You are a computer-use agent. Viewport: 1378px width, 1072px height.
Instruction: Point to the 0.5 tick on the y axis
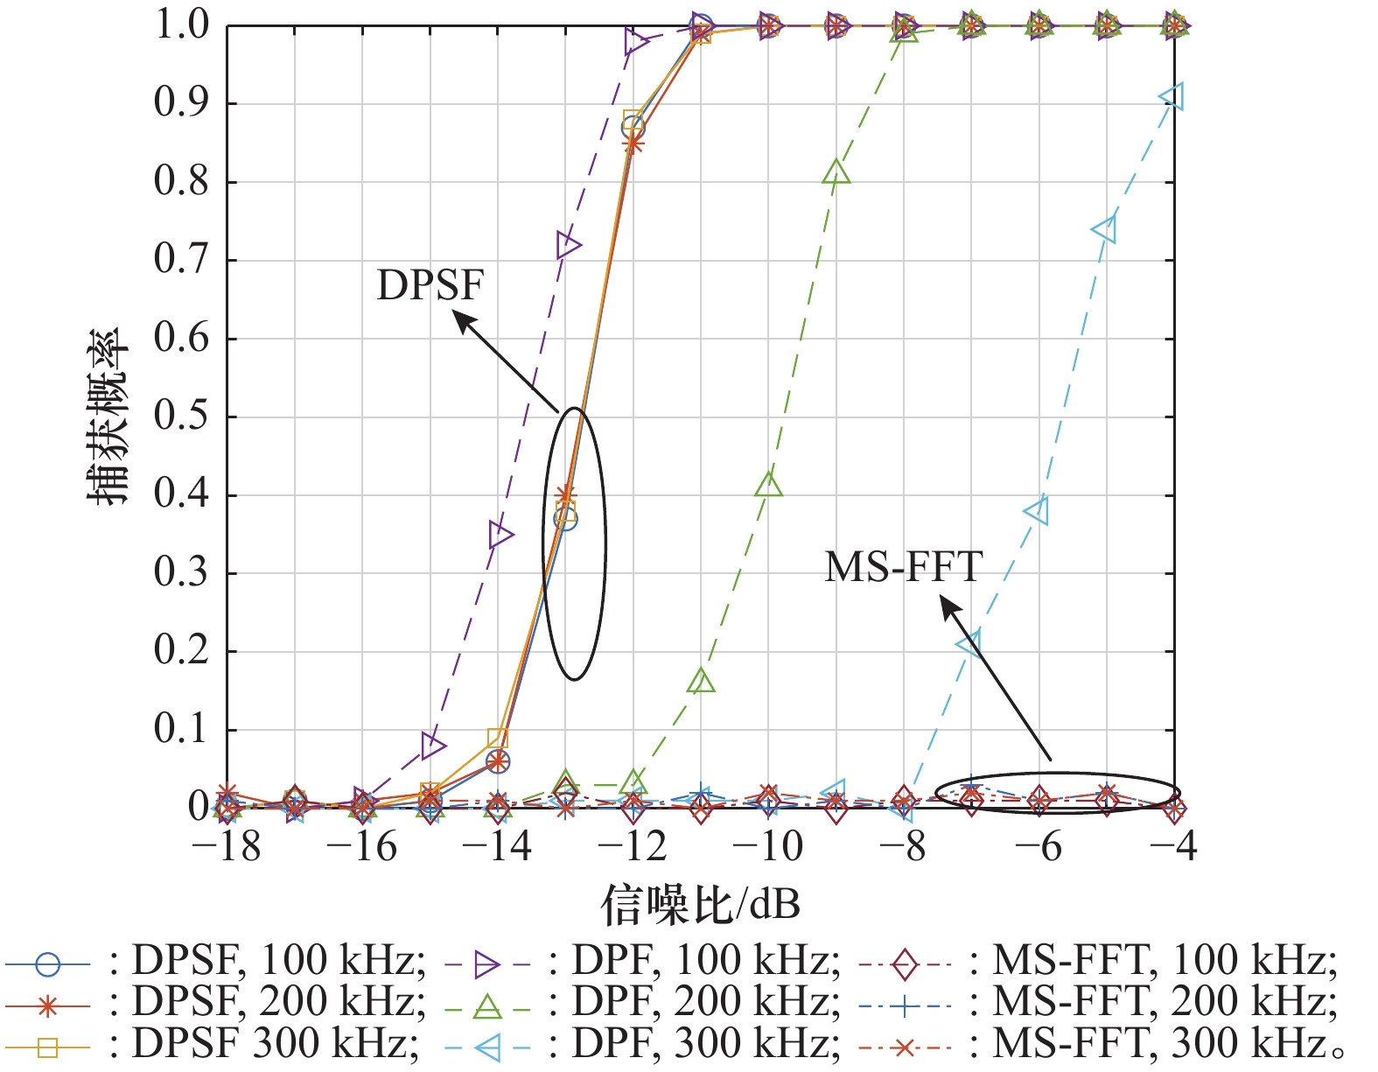[x=182, y=417]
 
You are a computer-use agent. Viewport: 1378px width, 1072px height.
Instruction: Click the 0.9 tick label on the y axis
[x=182, y=103]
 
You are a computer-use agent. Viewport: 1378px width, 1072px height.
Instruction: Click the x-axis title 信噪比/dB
[x=700, y=905]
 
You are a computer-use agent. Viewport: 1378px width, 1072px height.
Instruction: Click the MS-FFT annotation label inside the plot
[x=904, y=567]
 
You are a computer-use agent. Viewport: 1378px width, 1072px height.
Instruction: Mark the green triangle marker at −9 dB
[x=836, y=172]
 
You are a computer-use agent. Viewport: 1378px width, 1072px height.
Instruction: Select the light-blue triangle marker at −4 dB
[x=1173, y=96]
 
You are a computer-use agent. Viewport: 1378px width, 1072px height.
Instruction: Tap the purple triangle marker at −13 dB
[x=567, y=246]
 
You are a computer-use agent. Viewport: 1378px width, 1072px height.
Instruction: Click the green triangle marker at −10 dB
[x=768, y=484]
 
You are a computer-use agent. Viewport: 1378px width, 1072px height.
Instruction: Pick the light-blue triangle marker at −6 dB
[x=1038, y=510]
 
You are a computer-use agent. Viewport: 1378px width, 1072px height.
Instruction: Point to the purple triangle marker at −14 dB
[x=500, y=534]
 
